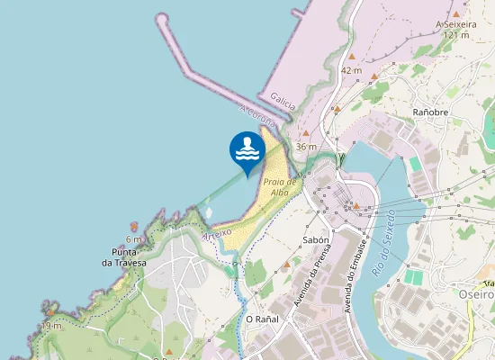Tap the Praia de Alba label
pos(281,186)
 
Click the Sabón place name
pos(315,240)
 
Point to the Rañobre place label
pos(430,112)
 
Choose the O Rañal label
pos(263,319)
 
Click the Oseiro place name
pos(477,294)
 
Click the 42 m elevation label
pos(351,70)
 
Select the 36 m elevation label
pos(306,146)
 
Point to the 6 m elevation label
pos(134,239)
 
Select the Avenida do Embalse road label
pos(353,274)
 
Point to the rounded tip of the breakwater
pos(162,18)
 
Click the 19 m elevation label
pos(51,326)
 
